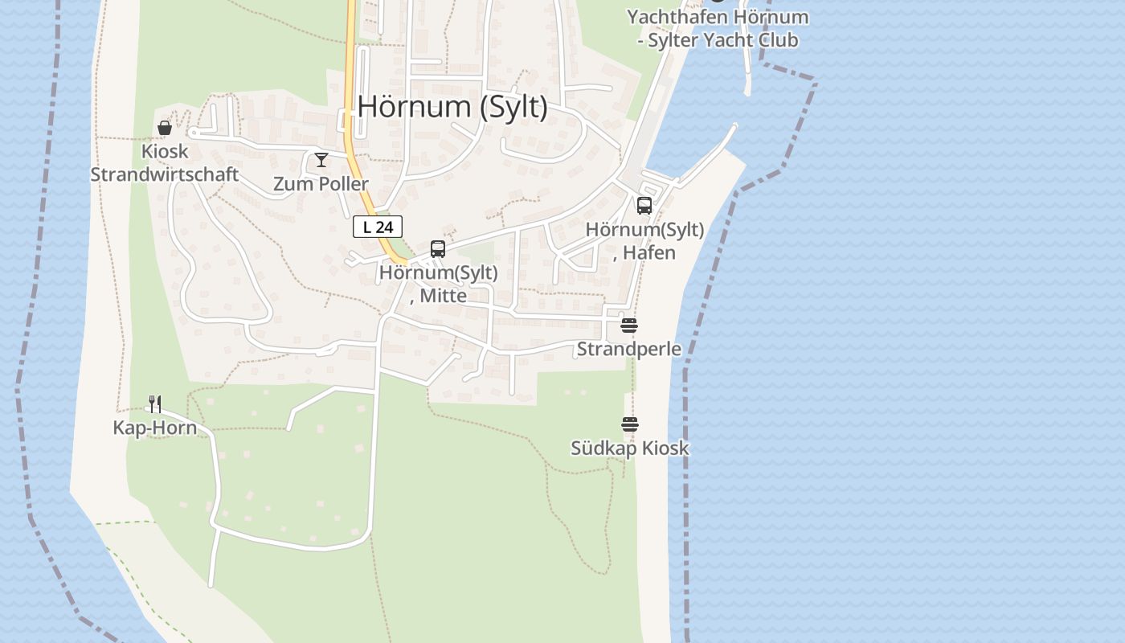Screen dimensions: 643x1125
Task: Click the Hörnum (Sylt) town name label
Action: pyautogui.click(x=452, y=107)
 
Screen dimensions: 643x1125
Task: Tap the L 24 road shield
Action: pyautogui.click(x=378, y=227)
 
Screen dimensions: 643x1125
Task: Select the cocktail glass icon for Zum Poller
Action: pyautogui.click(x=321, y=160)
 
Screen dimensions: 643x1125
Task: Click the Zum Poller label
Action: pyautogui.click(x=321, y=184)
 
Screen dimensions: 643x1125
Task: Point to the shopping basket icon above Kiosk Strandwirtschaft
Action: pyautogui.click(x=165, y=128)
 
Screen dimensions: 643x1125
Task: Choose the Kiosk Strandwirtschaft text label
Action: pyautogui.click(x=165, y=163)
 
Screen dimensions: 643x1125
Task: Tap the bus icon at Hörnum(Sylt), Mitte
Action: pyautogui.click(x=438, y=249)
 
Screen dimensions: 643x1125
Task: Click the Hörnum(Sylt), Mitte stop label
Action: pyautogui.click(x=439, y=284)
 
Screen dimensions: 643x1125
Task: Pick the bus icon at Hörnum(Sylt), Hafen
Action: pyautogui.click(x=644, y=206)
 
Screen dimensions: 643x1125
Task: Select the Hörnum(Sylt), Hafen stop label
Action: pyautogui.click(x=644, y=241)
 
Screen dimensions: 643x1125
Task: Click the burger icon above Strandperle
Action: pyautogui.click(x=629, y=326)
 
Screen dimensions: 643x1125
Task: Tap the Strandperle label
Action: pyautogui.click(x=629, y=350)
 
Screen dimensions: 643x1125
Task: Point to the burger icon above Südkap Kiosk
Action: pyautogui.click(x=630, y=424)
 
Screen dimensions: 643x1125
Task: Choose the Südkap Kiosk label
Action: pyautogui.click(x=630, y=448)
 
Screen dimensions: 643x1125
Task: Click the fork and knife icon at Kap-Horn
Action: pyautogui.click(x=155, y=403)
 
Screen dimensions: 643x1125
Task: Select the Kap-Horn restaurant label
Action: pyautogui.click(x=155, y=428)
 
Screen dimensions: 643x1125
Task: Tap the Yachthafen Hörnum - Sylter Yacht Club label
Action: pyautogui.click(x=718, y=28)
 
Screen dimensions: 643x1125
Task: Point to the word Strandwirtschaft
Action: pyautogui.click(x=165, y=174)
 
